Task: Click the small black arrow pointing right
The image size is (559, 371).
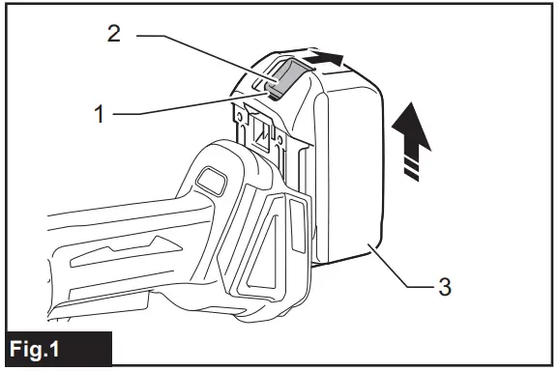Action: pyautogui.click(x=327, y=60)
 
